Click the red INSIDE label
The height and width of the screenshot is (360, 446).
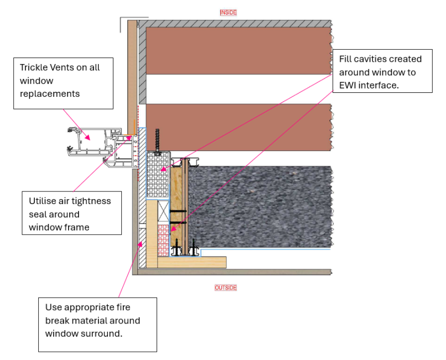pyautogui.click(x=227, y=12)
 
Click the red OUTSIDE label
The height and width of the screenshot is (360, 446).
pyautogui.click(x=225, y=288)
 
